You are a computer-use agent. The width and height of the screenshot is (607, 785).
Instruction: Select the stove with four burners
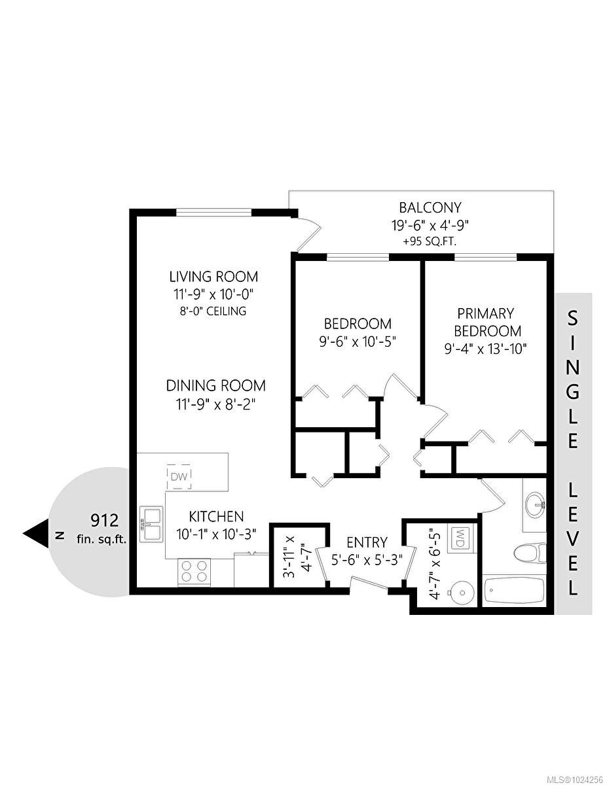tap(194, 571)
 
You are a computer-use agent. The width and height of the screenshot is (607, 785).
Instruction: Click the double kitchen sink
tap(150, 523)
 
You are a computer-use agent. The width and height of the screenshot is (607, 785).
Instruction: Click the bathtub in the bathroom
tap(513, 591)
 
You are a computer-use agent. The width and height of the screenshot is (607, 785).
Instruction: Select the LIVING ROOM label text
tap(213, 276)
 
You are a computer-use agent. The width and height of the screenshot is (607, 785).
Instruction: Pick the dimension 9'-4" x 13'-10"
tap(485, 348)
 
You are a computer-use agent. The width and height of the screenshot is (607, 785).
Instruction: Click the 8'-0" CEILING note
tap(213, 311)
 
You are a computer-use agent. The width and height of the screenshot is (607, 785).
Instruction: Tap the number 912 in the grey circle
tap(105, 521)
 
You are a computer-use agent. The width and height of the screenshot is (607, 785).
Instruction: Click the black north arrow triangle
tap(37, 533)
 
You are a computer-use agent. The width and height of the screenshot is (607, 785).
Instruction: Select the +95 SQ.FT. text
tap(430, 241)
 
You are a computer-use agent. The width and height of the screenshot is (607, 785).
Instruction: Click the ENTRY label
tap(367, 542)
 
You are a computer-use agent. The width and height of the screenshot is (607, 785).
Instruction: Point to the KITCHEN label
tap(216, 516)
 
